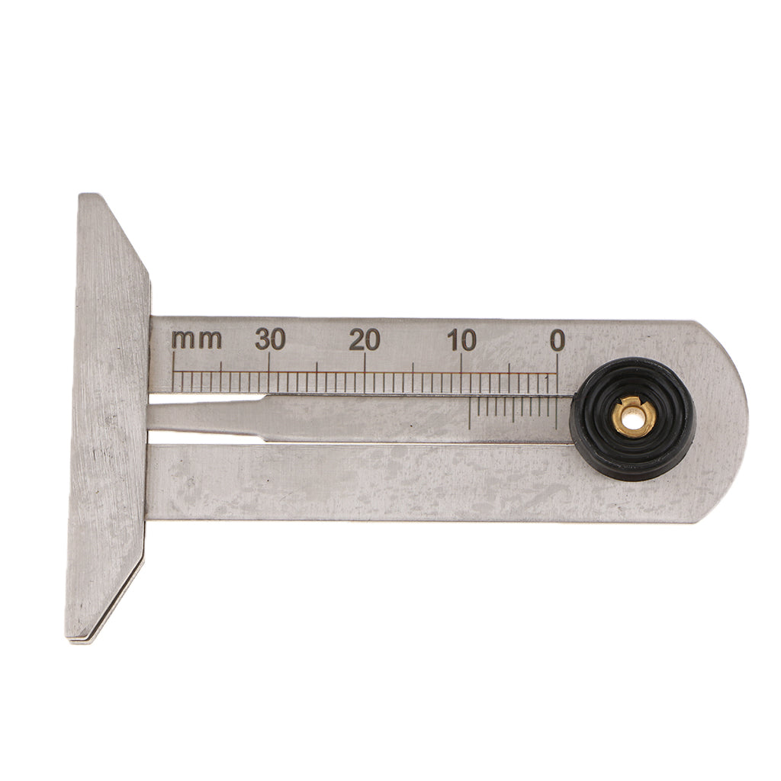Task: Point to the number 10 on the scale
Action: (x=461, y=341)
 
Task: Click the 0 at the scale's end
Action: (x=558, y=341)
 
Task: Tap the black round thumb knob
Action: (x=632, y=419)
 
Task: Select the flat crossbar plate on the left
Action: (x=108, y=417)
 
